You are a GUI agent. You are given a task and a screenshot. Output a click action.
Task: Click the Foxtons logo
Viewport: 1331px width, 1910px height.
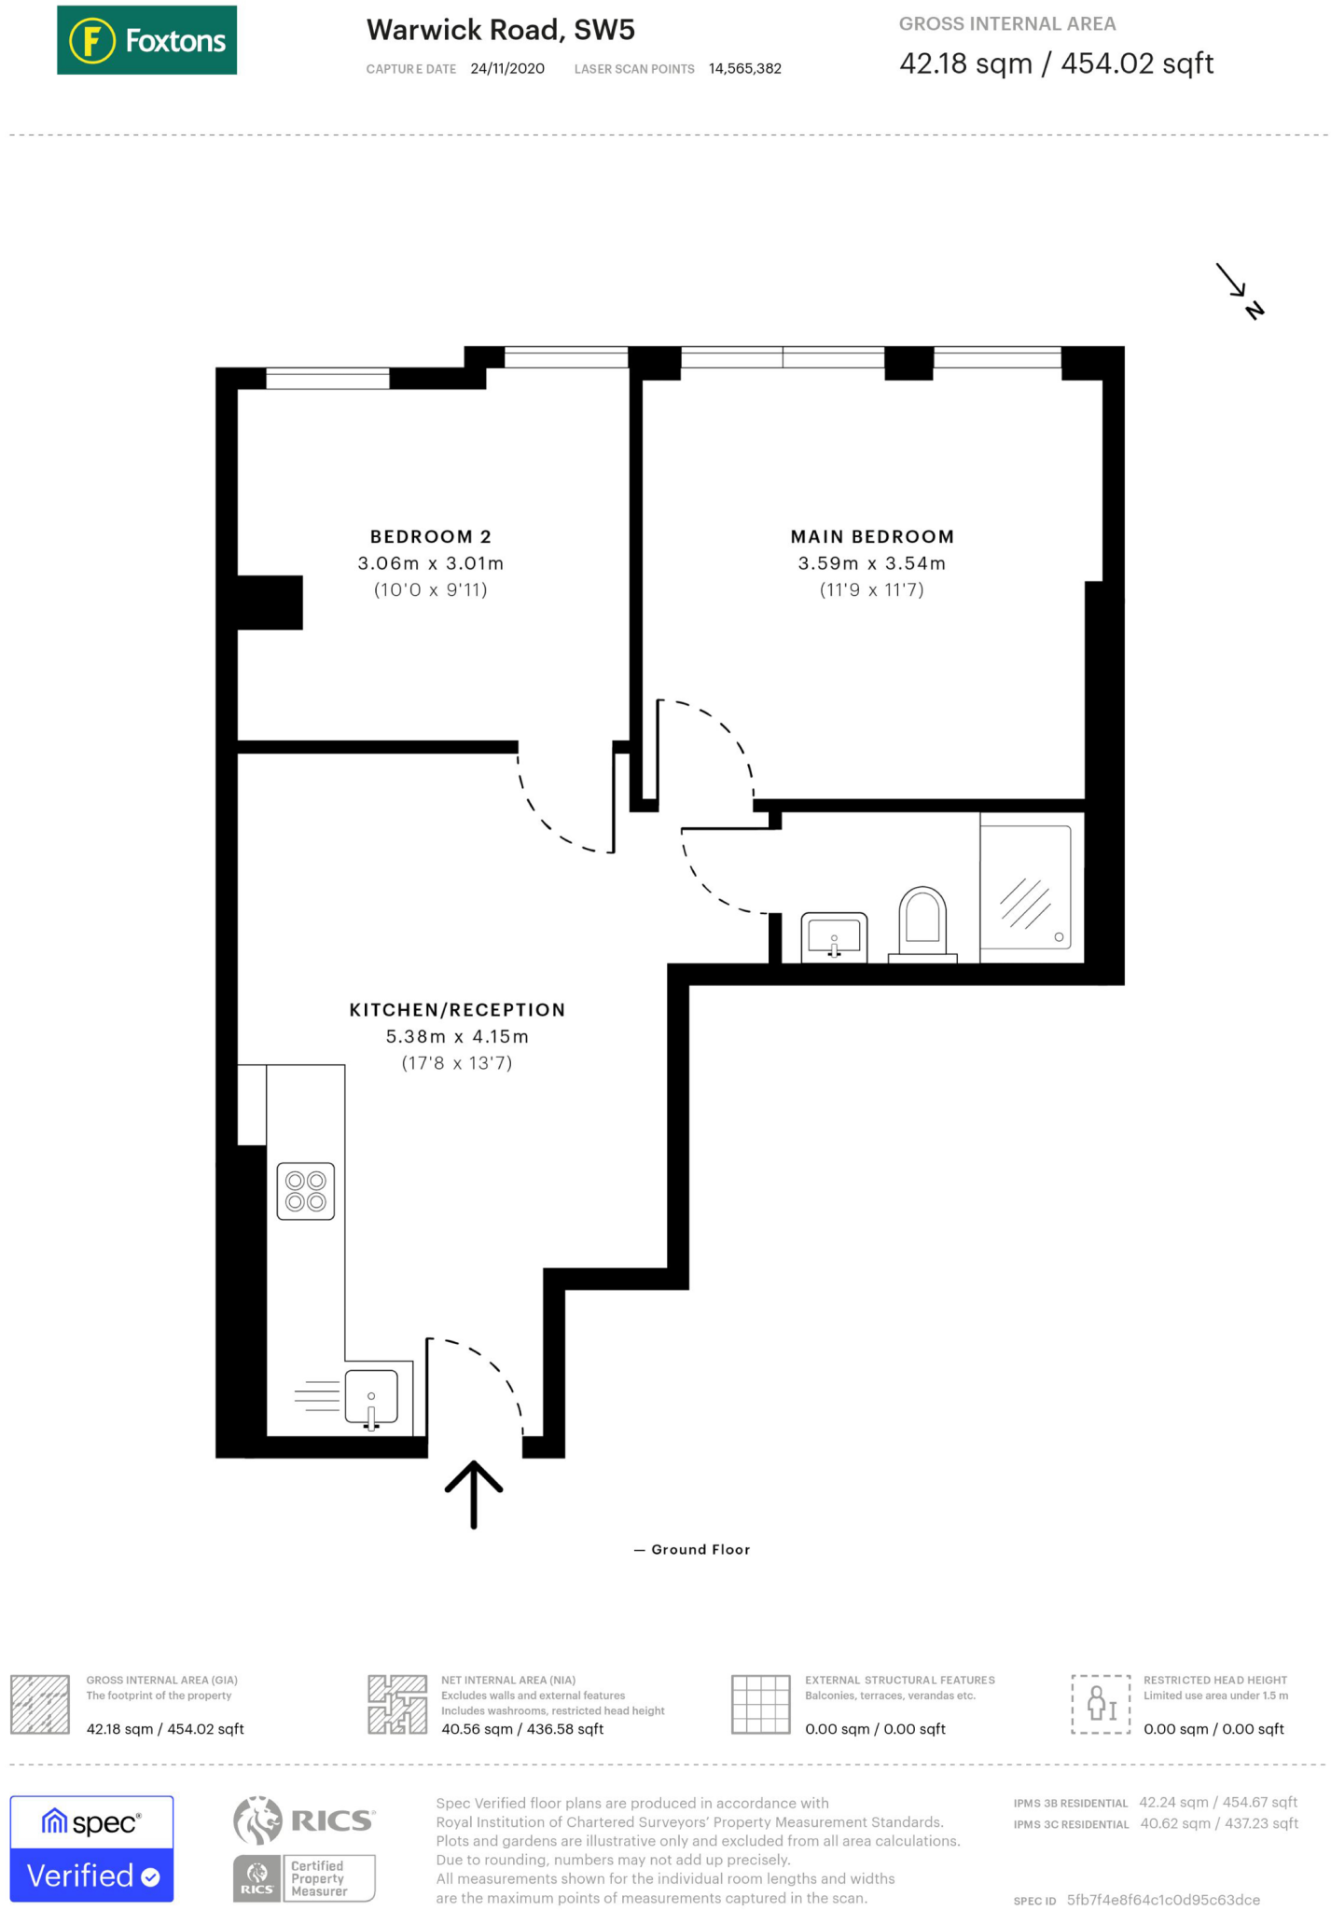(x=146, y=40)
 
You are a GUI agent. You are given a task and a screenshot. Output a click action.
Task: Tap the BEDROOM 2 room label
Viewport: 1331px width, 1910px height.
(x=430, y=536)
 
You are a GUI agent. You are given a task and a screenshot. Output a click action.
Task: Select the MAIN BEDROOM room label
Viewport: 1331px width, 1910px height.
(x=872, y=536)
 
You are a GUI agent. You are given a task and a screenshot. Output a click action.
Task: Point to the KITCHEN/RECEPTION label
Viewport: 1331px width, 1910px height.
(x=457, y=1010)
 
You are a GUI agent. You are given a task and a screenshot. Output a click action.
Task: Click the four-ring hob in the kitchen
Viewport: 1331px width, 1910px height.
(x=305, y=1191)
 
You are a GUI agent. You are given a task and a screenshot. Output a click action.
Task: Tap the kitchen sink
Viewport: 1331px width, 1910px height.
(x=371, y=1397)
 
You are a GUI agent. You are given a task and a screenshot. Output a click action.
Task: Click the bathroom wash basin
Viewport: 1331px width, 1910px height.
(x=834, y=936)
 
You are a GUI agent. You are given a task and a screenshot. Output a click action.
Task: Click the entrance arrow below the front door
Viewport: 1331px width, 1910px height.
(x=473, y=1493)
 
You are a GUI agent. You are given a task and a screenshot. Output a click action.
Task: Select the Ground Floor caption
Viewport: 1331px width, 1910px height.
(x=700, y=1549)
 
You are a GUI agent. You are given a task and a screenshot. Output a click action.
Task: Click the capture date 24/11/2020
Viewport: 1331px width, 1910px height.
(x=507, y=69)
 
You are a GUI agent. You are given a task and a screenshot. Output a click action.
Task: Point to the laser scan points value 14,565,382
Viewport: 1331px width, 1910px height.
(x=744, y=69)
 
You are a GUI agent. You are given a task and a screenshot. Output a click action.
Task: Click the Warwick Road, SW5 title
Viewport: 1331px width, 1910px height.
(x=500, y=30)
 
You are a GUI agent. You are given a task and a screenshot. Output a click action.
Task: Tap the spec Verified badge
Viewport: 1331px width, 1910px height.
(x=91, y=1848)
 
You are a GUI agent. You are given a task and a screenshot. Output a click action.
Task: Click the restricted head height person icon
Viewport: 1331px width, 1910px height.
(x=1101, y=1704)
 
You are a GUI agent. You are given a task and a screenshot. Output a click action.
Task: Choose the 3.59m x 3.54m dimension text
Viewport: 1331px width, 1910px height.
(x=871, y=563)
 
